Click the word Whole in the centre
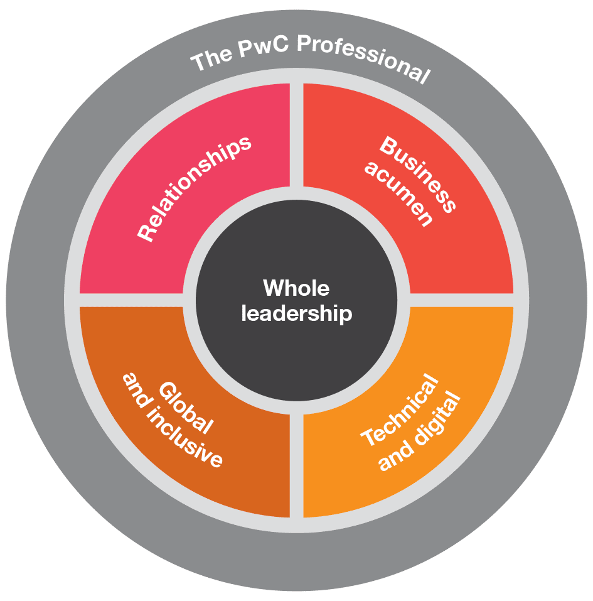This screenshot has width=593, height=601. [296, 289]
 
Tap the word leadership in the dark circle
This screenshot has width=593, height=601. [296, 313]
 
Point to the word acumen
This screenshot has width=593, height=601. [399, 195]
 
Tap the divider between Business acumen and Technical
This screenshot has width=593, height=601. [461, 300]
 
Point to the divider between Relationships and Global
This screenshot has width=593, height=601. [132, 300]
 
